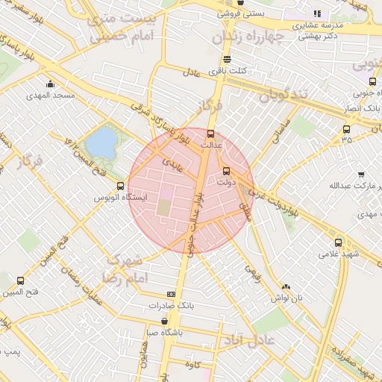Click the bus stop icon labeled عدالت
pyautogui.click(x=210, y=134)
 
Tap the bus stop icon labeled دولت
pyautogui.click(x=227, y=170)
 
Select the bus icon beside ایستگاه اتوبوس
pyautogui.click(x=121, y=185)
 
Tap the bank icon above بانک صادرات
pyautogui.click(x=171, y=295)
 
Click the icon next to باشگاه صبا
pyautogui.click(x=165, y=322)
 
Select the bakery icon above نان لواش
pyautogui.click(x=286, y=286)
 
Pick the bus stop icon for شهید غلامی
pyautogui.click(x=339, y=242)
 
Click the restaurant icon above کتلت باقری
pyautogui.click(x=227, y=59)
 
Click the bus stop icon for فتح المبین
pyautogui.click(x=19, y=281)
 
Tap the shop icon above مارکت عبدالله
pyautogui.click(x=361, y=174)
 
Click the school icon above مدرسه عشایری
pyautogui.click(x=317, y=13)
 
